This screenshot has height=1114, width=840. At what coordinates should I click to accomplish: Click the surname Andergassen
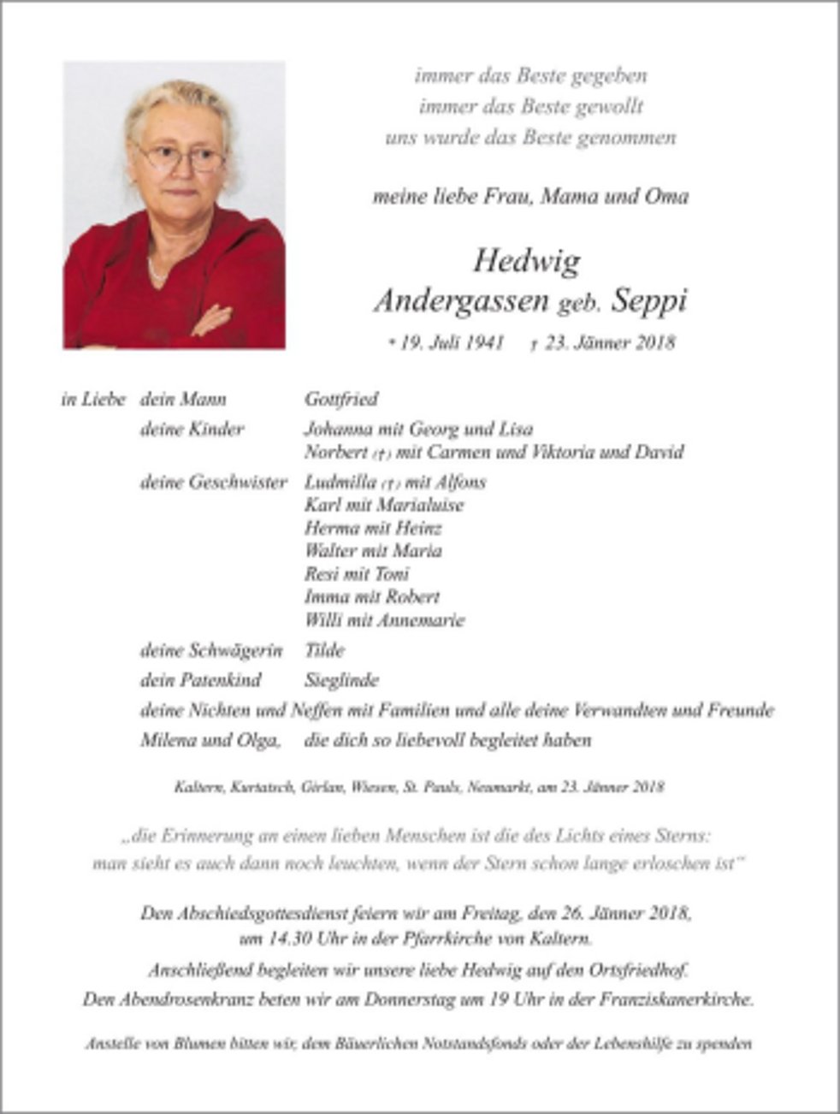point(461,300)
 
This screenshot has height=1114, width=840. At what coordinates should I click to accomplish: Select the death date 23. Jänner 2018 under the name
point(608,343)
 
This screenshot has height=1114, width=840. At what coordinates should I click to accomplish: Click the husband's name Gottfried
point(341,400)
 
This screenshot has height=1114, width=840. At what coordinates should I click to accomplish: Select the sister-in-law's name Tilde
point(324,650)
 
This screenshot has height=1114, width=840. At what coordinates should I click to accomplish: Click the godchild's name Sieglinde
point(341,680)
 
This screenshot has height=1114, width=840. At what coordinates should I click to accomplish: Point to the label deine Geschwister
point(214,482)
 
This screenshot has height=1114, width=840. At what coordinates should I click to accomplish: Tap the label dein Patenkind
point(201,680)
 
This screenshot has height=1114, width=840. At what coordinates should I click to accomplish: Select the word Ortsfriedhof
point(638,970)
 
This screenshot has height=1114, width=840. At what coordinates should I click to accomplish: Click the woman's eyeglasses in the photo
point(180,157)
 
